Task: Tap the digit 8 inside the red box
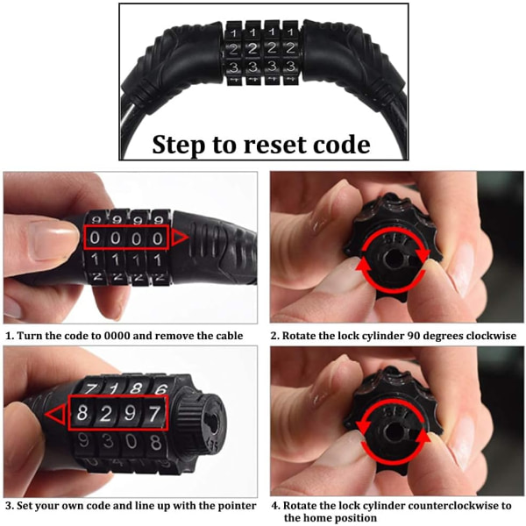click(x=82, y=412)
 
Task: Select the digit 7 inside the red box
click(x=154, y=413)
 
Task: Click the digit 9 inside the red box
click(x=130, y=413)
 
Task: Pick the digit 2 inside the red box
click(x=106, y=413)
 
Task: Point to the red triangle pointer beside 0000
click(x=180, y=238)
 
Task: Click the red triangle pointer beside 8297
click(x=55, y=415)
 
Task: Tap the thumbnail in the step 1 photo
click(x=53, y=240)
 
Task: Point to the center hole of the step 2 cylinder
click(x=393, y=259)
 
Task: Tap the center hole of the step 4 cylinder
click(x=394, y=433)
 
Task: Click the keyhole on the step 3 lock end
click(x=213, y=422)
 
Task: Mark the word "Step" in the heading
click(x=178, y=145)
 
